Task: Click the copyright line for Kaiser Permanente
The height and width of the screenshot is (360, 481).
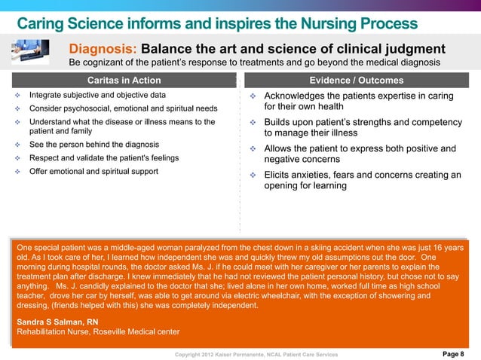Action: pyautogui.click(x=256, y=354)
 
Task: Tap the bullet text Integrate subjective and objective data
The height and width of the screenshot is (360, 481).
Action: pyautogui.click(x=97, y=96)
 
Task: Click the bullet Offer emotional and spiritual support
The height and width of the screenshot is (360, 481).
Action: pyautogui.click(x=93, y=172)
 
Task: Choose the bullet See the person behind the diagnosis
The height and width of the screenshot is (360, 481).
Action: pyautogui.click(x=93, y=145)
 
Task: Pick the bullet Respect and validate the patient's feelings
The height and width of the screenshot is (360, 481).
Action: pyautogui.click(x=103, y=158)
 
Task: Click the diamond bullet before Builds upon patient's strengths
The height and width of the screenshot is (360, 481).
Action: pyautogui.click(x=253, y=123)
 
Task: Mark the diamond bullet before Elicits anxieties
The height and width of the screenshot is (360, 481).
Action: pyautogui.click(x=253, y=175)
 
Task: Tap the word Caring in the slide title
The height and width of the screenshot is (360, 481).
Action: pyautogui.click(x=46, y=23)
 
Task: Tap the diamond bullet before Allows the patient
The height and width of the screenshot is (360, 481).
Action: pyautogui.click(x=253, y=149)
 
